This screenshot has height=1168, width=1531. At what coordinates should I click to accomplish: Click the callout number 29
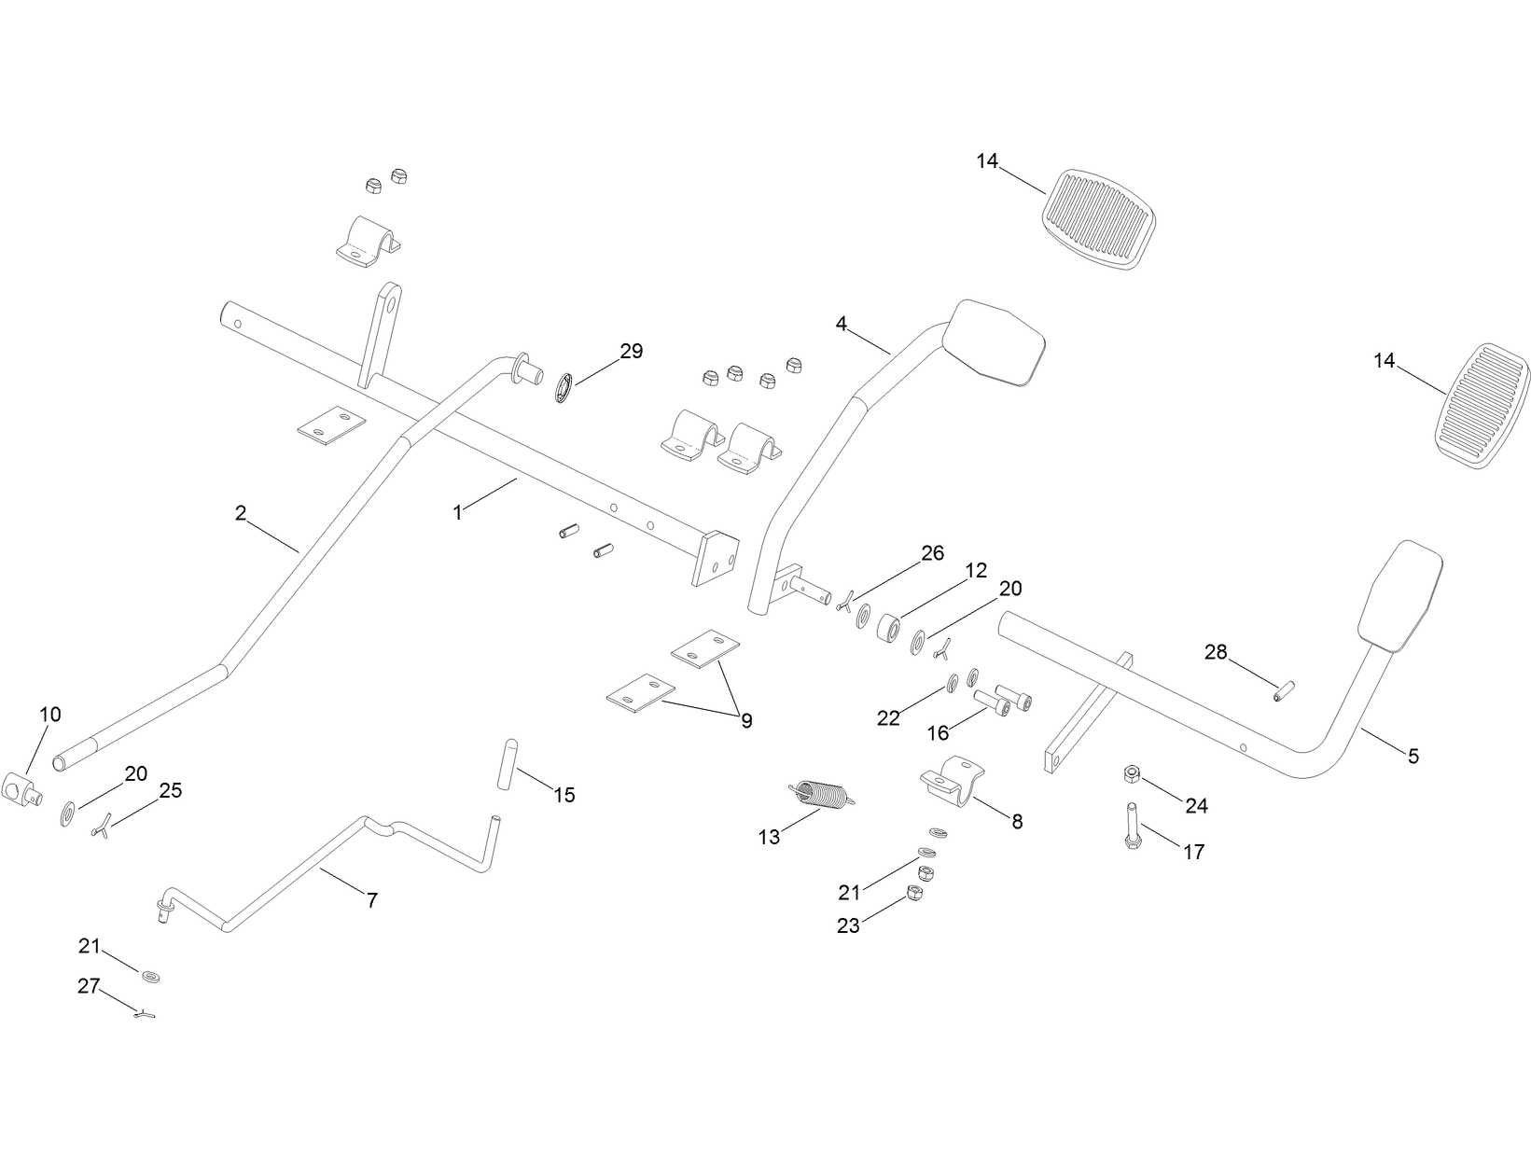pyautogui.click(x=632, y=352)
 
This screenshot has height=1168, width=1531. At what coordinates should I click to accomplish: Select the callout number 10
pyautogui.click(x=50, y=715)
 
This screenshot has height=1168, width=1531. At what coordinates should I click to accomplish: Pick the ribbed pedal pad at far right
pyautogui.click(x=1482, y=407)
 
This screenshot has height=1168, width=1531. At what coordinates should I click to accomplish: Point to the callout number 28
pyautogui.click(x=1216, y=652)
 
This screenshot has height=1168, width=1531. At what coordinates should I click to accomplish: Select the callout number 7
pyautogui.click(x=371, y=900)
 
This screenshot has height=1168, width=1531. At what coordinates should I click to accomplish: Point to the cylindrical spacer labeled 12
pyautogui.click(x=888, y=628)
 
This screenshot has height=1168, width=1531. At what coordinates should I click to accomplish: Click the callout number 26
pyautogui.click(x=932, y=552)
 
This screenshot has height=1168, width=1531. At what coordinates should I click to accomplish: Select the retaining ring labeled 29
pyautogui.click(x=563, y=388)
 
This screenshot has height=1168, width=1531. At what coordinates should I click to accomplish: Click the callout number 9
pyautogui.click(x=746, y=720)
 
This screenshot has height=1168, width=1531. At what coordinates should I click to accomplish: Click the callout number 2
pyautogui.click(x=241, y=512)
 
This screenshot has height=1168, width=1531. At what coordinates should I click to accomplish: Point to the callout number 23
pyautogui.click(x=847, y=925)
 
